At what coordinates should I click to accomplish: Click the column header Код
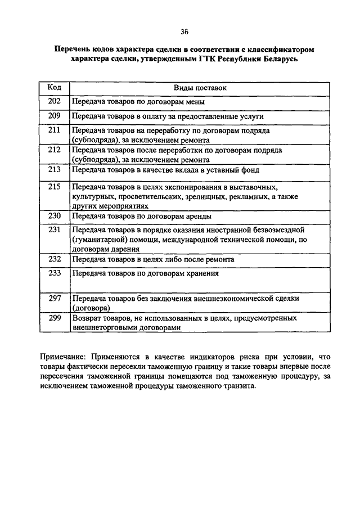(54, 88)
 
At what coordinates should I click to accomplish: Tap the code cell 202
(54, 102)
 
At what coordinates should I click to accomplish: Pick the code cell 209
(54, 116)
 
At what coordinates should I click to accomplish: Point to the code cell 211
(54, 130)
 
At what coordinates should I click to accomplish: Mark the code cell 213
(54, 169)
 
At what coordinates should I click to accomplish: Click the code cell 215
(54, 186)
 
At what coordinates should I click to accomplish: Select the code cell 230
(54, 215)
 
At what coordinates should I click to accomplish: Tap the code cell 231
(54, 229)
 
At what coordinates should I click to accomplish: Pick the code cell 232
(54, 259)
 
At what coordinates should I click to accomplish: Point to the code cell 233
(54, 273)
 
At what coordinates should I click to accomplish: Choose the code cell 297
(54, 298)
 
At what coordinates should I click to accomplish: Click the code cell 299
(54, 318)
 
